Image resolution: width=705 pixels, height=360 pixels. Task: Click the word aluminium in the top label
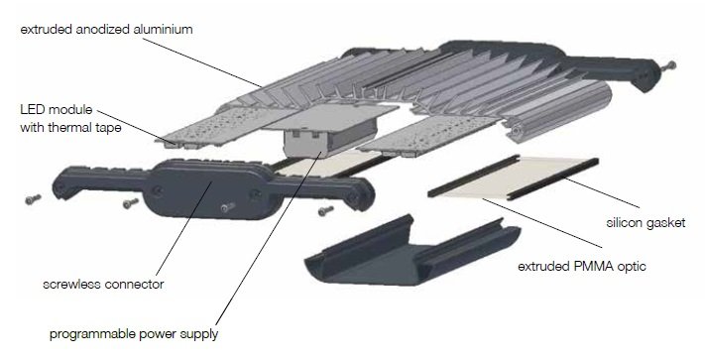[x=164, y=30]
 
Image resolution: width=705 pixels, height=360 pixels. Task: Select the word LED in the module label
[x=31, y=110]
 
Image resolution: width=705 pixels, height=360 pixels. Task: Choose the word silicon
[x=623, y=222]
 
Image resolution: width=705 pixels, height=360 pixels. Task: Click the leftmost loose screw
[x=34, y=199]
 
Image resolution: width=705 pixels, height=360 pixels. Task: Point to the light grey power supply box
[x=330, y=135]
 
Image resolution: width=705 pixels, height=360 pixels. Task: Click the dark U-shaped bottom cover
[x=411, y=251]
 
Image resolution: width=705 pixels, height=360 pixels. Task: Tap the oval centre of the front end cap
[x=207, y=189]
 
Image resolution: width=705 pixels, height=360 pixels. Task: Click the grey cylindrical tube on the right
[x=557, y=112]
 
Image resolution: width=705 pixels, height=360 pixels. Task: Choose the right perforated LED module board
[x=429, y=134]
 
